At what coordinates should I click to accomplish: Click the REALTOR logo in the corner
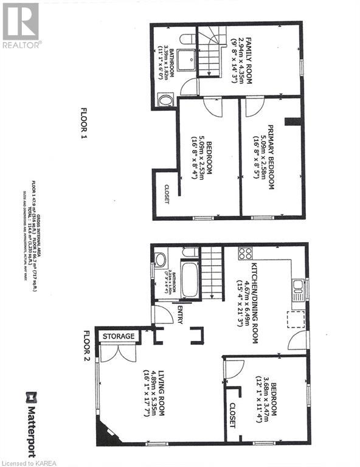point(21,25)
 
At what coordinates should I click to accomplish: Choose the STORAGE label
point(119,336)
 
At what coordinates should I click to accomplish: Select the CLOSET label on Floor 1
point(166,193)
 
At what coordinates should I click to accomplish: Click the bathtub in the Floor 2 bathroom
point(190,279)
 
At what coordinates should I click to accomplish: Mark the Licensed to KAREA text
point(28,462)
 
